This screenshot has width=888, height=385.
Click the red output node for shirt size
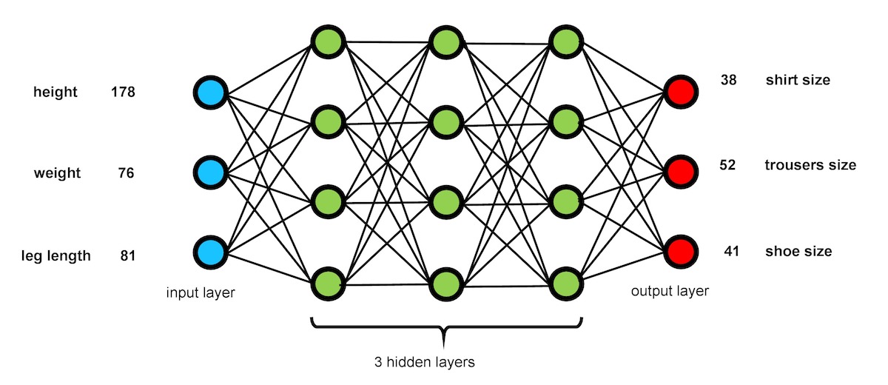679,92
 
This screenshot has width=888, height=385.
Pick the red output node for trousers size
679,172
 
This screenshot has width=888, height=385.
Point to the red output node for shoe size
679,252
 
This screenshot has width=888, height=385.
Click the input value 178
122,93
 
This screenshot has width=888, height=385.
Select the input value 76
126,173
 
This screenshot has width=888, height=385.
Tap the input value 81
127,256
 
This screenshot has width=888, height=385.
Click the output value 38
728,80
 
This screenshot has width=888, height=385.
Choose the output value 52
727,165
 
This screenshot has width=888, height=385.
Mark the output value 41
731,252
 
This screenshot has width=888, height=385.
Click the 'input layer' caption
201,293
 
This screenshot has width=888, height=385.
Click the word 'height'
55,93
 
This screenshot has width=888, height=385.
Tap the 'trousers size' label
810,165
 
